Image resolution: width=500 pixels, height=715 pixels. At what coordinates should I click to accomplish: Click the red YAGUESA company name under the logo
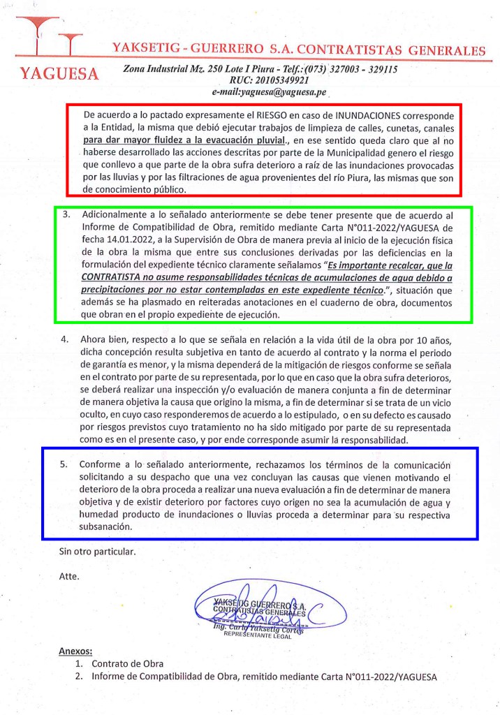click(59, 73)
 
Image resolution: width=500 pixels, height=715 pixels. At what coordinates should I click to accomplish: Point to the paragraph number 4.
click(65, 340)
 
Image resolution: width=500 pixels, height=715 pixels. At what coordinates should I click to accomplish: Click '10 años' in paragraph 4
click(441, 340)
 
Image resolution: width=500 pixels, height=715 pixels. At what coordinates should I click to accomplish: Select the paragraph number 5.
click(65, 464)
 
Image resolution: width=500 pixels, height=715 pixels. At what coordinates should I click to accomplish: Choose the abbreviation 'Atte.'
click(70, 577)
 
